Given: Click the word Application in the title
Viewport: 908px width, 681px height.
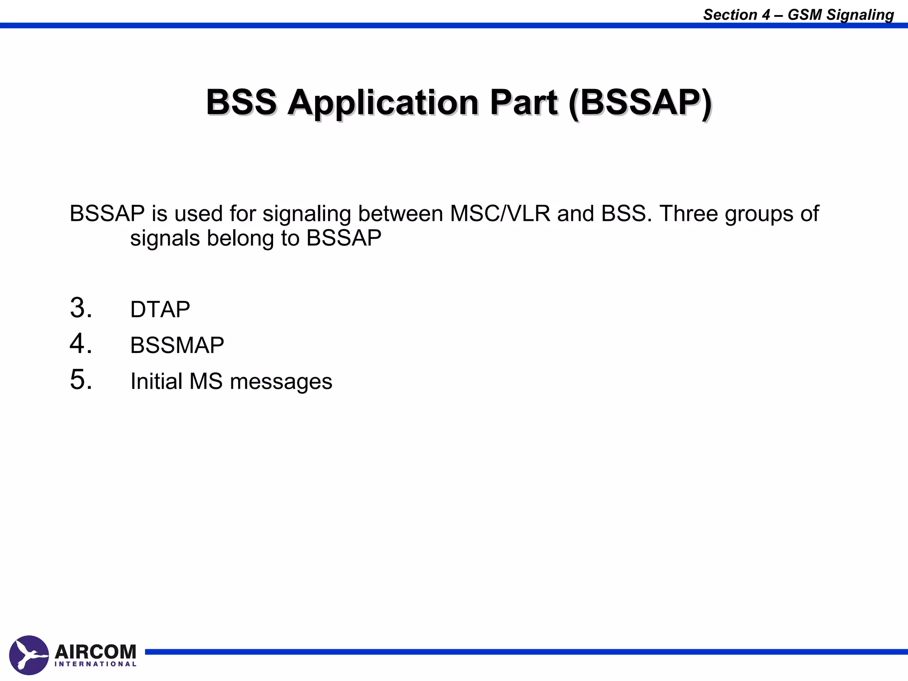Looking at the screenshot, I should (383, 103).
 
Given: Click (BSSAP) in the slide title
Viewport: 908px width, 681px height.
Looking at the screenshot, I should (640, 103).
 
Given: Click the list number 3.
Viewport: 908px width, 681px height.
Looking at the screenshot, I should (81, 308).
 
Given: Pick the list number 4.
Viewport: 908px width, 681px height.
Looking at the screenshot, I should (81, 344).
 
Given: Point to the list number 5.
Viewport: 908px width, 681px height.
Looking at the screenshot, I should (81, 380).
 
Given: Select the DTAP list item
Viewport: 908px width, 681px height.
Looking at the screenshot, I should (160, 309).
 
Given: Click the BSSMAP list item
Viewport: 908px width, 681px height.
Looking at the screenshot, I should (177, 345).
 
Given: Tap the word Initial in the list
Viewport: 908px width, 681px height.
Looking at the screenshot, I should (157, 381).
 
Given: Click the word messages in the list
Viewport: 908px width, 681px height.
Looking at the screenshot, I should (281, 382).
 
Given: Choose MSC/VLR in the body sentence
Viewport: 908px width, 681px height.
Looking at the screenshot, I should (500, 214).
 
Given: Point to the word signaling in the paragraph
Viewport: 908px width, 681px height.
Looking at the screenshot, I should (307, 215).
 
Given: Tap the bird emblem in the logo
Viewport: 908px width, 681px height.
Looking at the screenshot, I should (29, 655).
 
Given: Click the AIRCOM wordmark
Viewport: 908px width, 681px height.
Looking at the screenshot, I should (95, 652).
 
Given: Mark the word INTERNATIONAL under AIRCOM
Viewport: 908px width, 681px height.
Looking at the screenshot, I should (95, 664).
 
